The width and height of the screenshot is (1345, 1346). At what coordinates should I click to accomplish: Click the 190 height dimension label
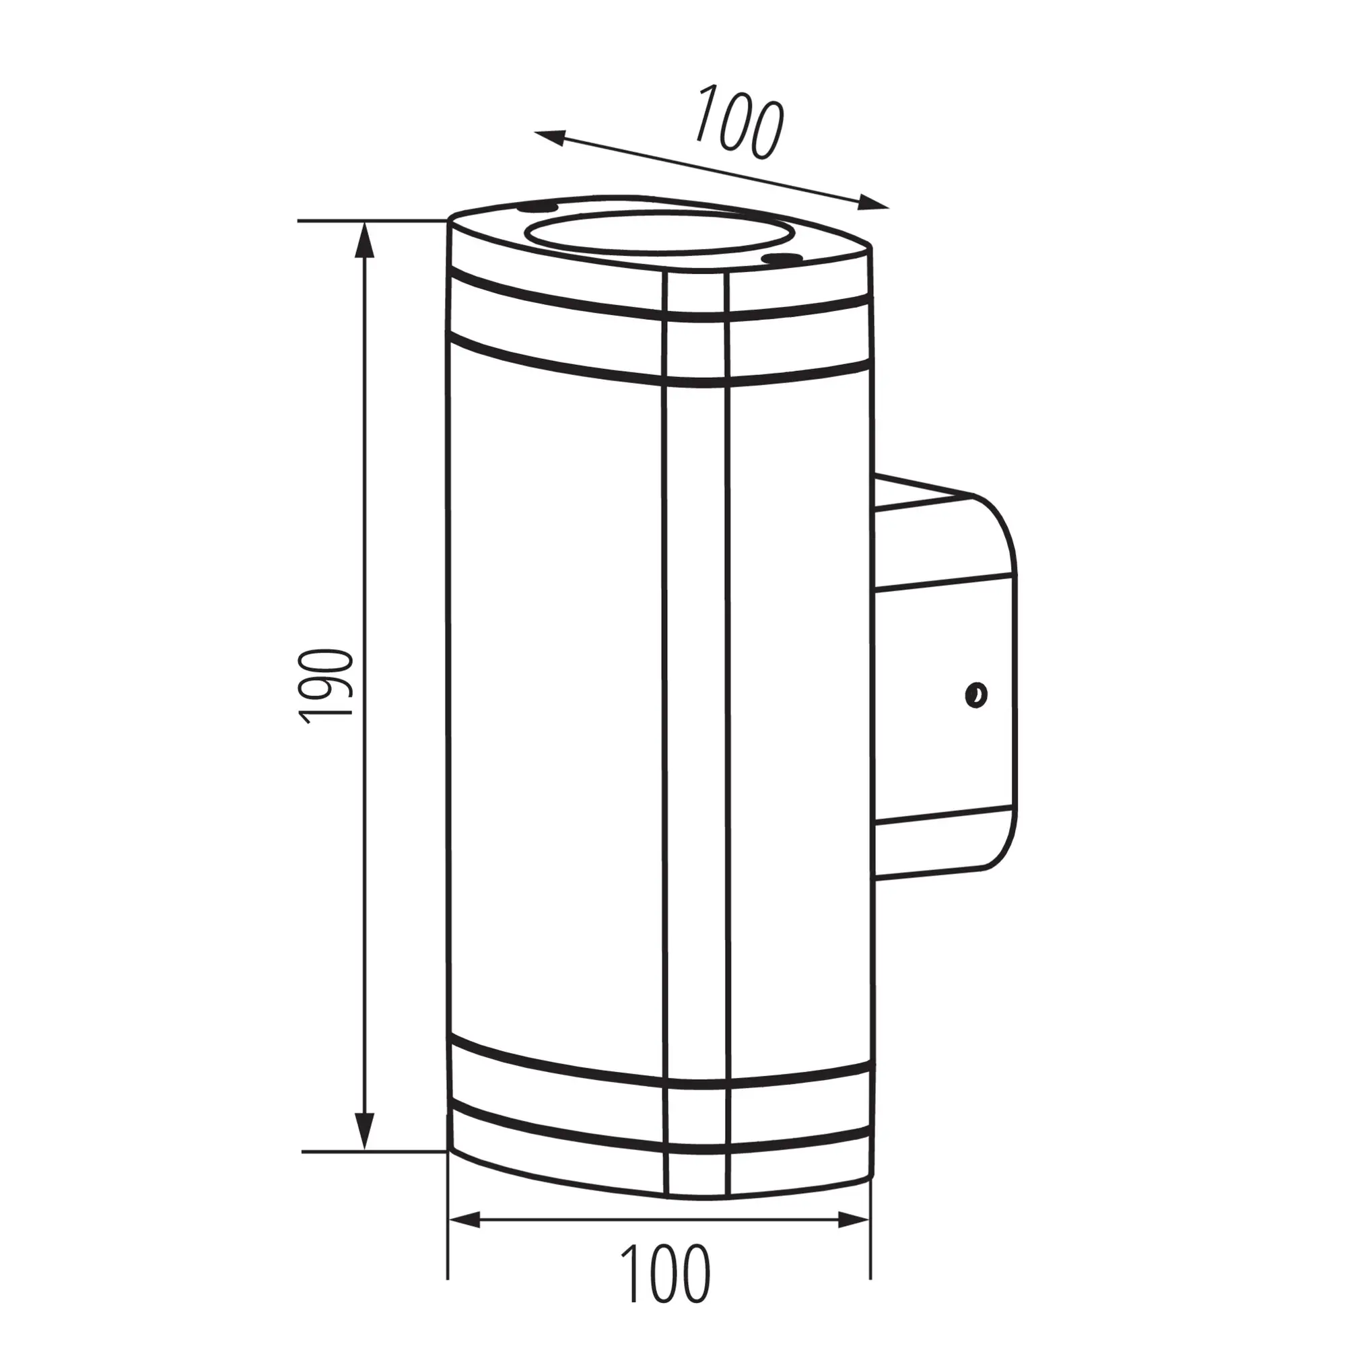tap(326, 686)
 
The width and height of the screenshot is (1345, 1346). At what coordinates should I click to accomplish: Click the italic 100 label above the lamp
tap(740, 121)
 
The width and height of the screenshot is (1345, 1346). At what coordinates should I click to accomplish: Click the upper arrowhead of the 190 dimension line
tap(364, 240)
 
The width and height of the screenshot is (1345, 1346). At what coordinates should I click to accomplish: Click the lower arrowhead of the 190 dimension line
tap(364, 1131)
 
